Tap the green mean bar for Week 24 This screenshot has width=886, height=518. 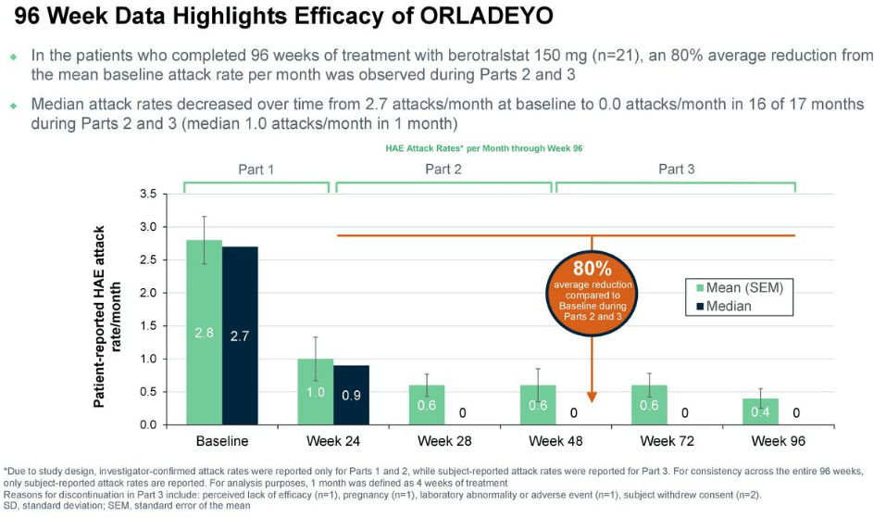tap(316, 392)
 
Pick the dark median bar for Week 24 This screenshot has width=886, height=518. tap(351, 395)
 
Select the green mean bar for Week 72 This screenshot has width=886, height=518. tap(649, 405)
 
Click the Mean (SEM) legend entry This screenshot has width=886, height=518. tap(739, 287)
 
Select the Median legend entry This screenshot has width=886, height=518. tap(724, 306)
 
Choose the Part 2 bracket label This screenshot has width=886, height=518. tap(443, 169)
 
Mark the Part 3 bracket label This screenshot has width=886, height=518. tap(676, 169)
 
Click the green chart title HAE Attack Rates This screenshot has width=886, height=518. tap(483, 148)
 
